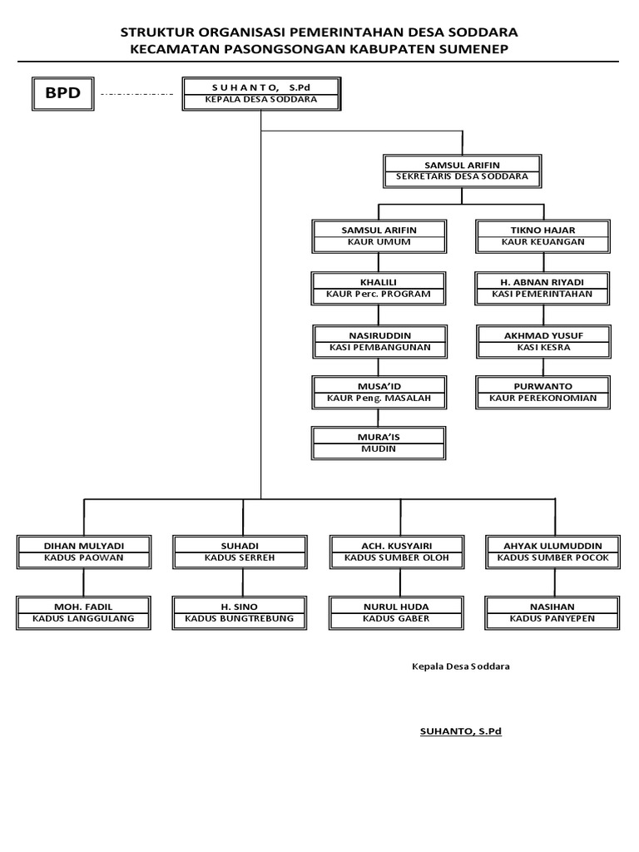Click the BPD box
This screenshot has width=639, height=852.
coord(62,92)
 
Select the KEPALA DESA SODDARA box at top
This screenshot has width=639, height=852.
coord(261,92)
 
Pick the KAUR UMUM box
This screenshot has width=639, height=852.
coord(379,235)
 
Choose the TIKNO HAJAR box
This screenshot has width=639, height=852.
coord(542,235)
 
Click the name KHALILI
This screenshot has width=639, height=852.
coord(379,282)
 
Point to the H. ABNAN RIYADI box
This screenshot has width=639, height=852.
coord(542,288)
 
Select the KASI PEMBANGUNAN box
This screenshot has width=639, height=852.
coord(379,340)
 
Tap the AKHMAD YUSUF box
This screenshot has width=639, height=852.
coord(542,340)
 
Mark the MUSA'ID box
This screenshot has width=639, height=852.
coord(379,393)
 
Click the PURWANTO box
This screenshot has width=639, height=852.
coord(542,393)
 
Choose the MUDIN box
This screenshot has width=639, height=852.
coord(379,443)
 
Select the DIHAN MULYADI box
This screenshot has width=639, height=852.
coord(84,551)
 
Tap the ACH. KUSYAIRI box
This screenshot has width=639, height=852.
coord(397,551)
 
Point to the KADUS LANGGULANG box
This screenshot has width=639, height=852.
coord(84,612)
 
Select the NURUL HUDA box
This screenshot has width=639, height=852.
coord(397,612)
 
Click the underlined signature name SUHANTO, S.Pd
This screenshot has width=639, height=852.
coord(461,731)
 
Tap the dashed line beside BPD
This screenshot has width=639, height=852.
coord(136,94)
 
